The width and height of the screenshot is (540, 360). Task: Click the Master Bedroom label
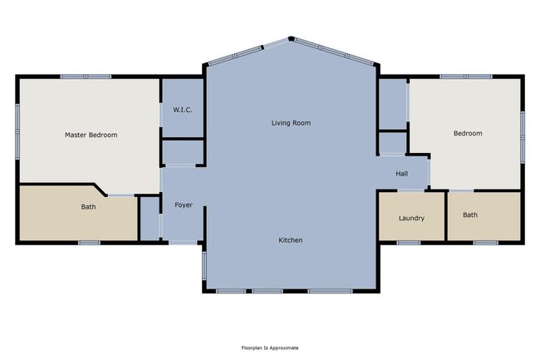point(91,135)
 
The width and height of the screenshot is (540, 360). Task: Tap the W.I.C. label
point(183,110)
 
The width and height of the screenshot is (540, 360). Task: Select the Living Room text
point(291,123)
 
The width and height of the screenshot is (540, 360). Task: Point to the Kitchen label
point(291,239)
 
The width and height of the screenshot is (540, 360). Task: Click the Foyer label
point(184,205)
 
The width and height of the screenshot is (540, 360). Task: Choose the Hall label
point(401,174)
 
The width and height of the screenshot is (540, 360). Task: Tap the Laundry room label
point(411,218)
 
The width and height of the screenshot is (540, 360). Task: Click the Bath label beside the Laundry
point(470,215)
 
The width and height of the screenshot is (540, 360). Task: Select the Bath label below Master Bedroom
point(88,207)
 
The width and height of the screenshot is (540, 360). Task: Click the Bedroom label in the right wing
point(468,133)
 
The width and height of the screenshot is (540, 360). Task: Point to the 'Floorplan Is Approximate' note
point(270,348)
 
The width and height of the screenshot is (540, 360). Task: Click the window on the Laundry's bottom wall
point(409,243)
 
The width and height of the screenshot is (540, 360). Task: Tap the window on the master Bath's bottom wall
point(89,243)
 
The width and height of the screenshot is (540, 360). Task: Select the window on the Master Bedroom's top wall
point(86,76)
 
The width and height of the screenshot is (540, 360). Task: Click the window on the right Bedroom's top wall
point(466,76)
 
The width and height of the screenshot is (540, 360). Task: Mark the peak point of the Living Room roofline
point(291,38)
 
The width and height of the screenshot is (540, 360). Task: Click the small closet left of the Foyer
point(150,218)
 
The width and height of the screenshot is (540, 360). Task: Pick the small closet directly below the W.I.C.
point(183,152)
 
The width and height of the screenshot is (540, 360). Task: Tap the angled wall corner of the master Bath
point(100,190)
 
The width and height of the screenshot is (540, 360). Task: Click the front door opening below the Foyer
point(183,243)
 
